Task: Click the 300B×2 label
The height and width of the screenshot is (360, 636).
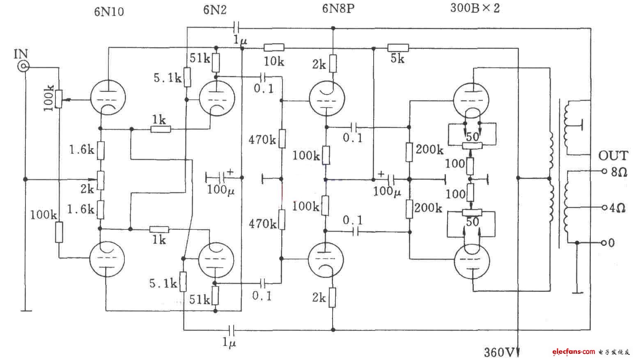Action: (475, 8)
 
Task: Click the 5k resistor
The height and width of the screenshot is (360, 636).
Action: (398, 48)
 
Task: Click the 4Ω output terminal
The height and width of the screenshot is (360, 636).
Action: (604, 208)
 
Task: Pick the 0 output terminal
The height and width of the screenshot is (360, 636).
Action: (604, 243)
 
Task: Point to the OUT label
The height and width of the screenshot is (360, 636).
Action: (613, 156)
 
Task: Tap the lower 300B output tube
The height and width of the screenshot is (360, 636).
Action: (473, 261)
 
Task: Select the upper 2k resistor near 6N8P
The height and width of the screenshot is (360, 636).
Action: (333, 64)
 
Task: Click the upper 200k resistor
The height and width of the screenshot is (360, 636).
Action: (409, 151)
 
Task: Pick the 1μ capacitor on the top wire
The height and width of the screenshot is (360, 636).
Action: (236, 28)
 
